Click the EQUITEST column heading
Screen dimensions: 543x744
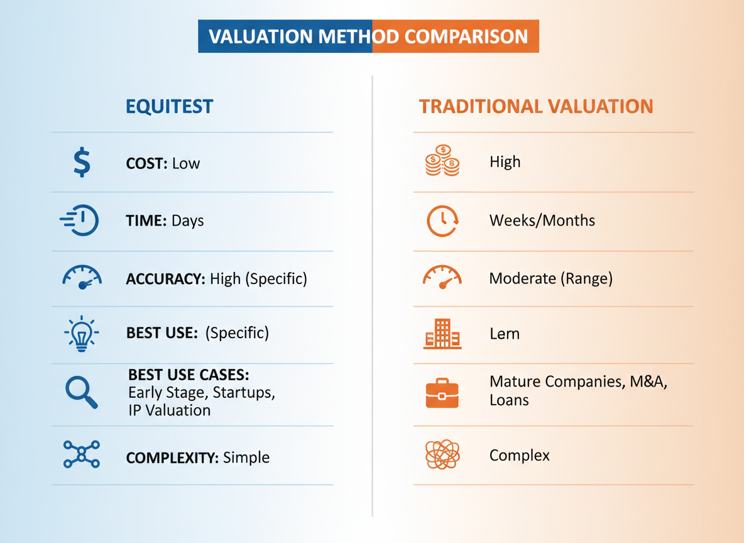(169, 106)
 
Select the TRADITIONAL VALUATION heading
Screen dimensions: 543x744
(536, 106)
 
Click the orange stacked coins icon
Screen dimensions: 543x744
(442, 161)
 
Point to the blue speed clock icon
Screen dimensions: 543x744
(80, 221)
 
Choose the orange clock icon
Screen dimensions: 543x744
(442, 221)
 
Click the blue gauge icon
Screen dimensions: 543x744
(82, 277)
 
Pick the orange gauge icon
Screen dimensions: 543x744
(442, 277)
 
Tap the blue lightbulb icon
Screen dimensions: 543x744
(82, 333)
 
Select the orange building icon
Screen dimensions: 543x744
(442, 333)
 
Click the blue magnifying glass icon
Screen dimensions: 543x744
(82, 392)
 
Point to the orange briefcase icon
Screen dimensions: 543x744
(442, 393)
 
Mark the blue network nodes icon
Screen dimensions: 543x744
(82, 454)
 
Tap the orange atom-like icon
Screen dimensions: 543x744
(442, 454)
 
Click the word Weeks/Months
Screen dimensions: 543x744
(542, 221)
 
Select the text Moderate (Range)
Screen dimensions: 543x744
(550, 278)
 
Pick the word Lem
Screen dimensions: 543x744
(504, 333)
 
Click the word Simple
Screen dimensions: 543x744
(246, 457)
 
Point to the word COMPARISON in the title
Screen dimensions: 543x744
(466, 36)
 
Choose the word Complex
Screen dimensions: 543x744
(519, 455)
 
